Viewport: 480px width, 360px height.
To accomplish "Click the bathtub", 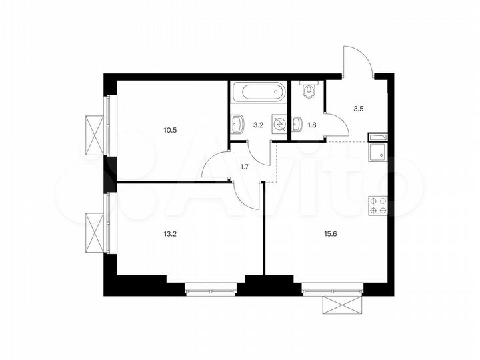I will [259, 93].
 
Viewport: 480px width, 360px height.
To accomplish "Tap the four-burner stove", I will [379, 207].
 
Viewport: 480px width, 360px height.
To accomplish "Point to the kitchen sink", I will [378, 152].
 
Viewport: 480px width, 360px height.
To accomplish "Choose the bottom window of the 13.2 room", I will [211, 289].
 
